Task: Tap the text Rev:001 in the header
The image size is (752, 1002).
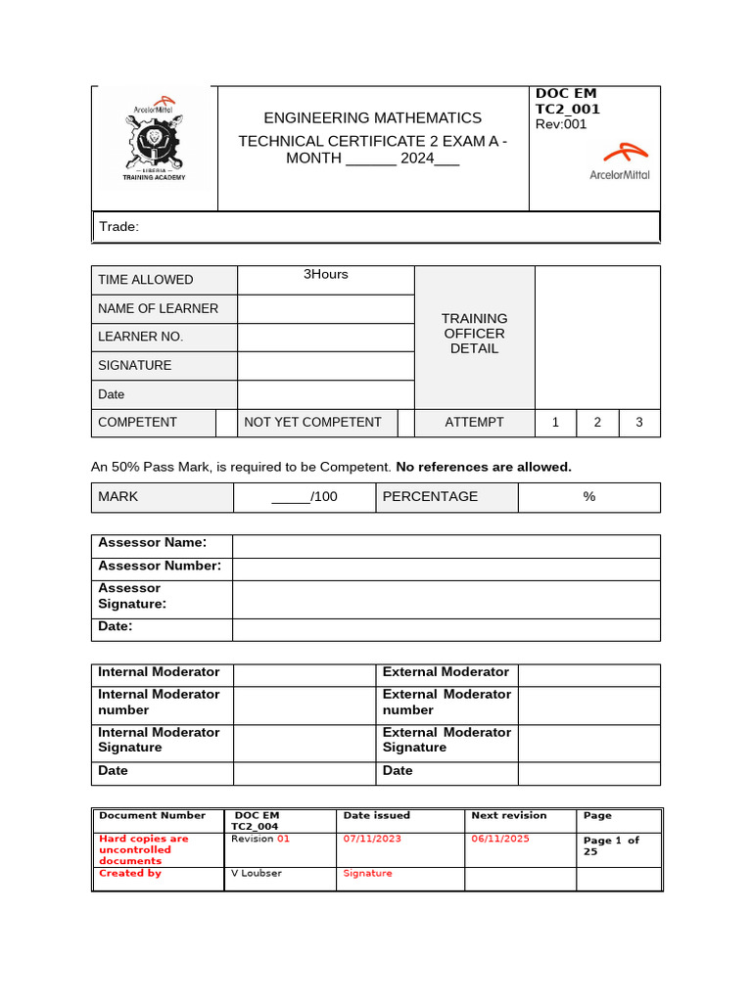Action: [x=561, y=124]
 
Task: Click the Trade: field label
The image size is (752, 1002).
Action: [x=119, y=227]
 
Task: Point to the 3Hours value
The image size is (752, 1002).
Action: [x=326, y=274]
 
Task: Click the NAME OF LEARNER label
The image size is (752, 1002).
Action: [x=158, y=308]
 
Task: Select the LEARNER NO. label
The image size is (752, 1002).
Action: [x=140, y=337]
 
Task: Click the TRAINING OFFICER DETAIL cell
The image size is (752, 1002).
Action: [x=474, y=333]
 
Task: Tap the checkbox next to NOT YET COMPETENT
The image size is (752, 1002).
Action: [x=405, y=423]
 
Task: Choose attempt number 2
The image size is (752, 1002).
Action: [x=597, y=423]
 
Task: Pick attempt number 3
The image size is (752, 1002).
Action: [x=639, y=423]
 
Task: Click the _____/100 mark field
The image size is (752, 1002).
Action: [x=305, y=497]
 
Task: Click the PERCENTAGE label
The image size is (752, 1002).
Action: [x=430, y=497]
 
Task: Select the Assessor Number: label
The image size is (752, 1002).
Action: [x=160, y=566]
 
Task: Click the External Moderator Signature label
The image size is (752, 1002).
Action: [x=446, y=740]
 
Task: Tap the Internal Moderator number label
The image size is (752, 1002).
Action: [x=159, y=702]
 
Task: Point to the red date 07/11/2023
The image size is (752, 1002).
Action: [x=372, y=840]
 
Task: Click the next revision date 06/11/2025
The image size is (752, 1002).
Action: [x=500, y=840]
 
